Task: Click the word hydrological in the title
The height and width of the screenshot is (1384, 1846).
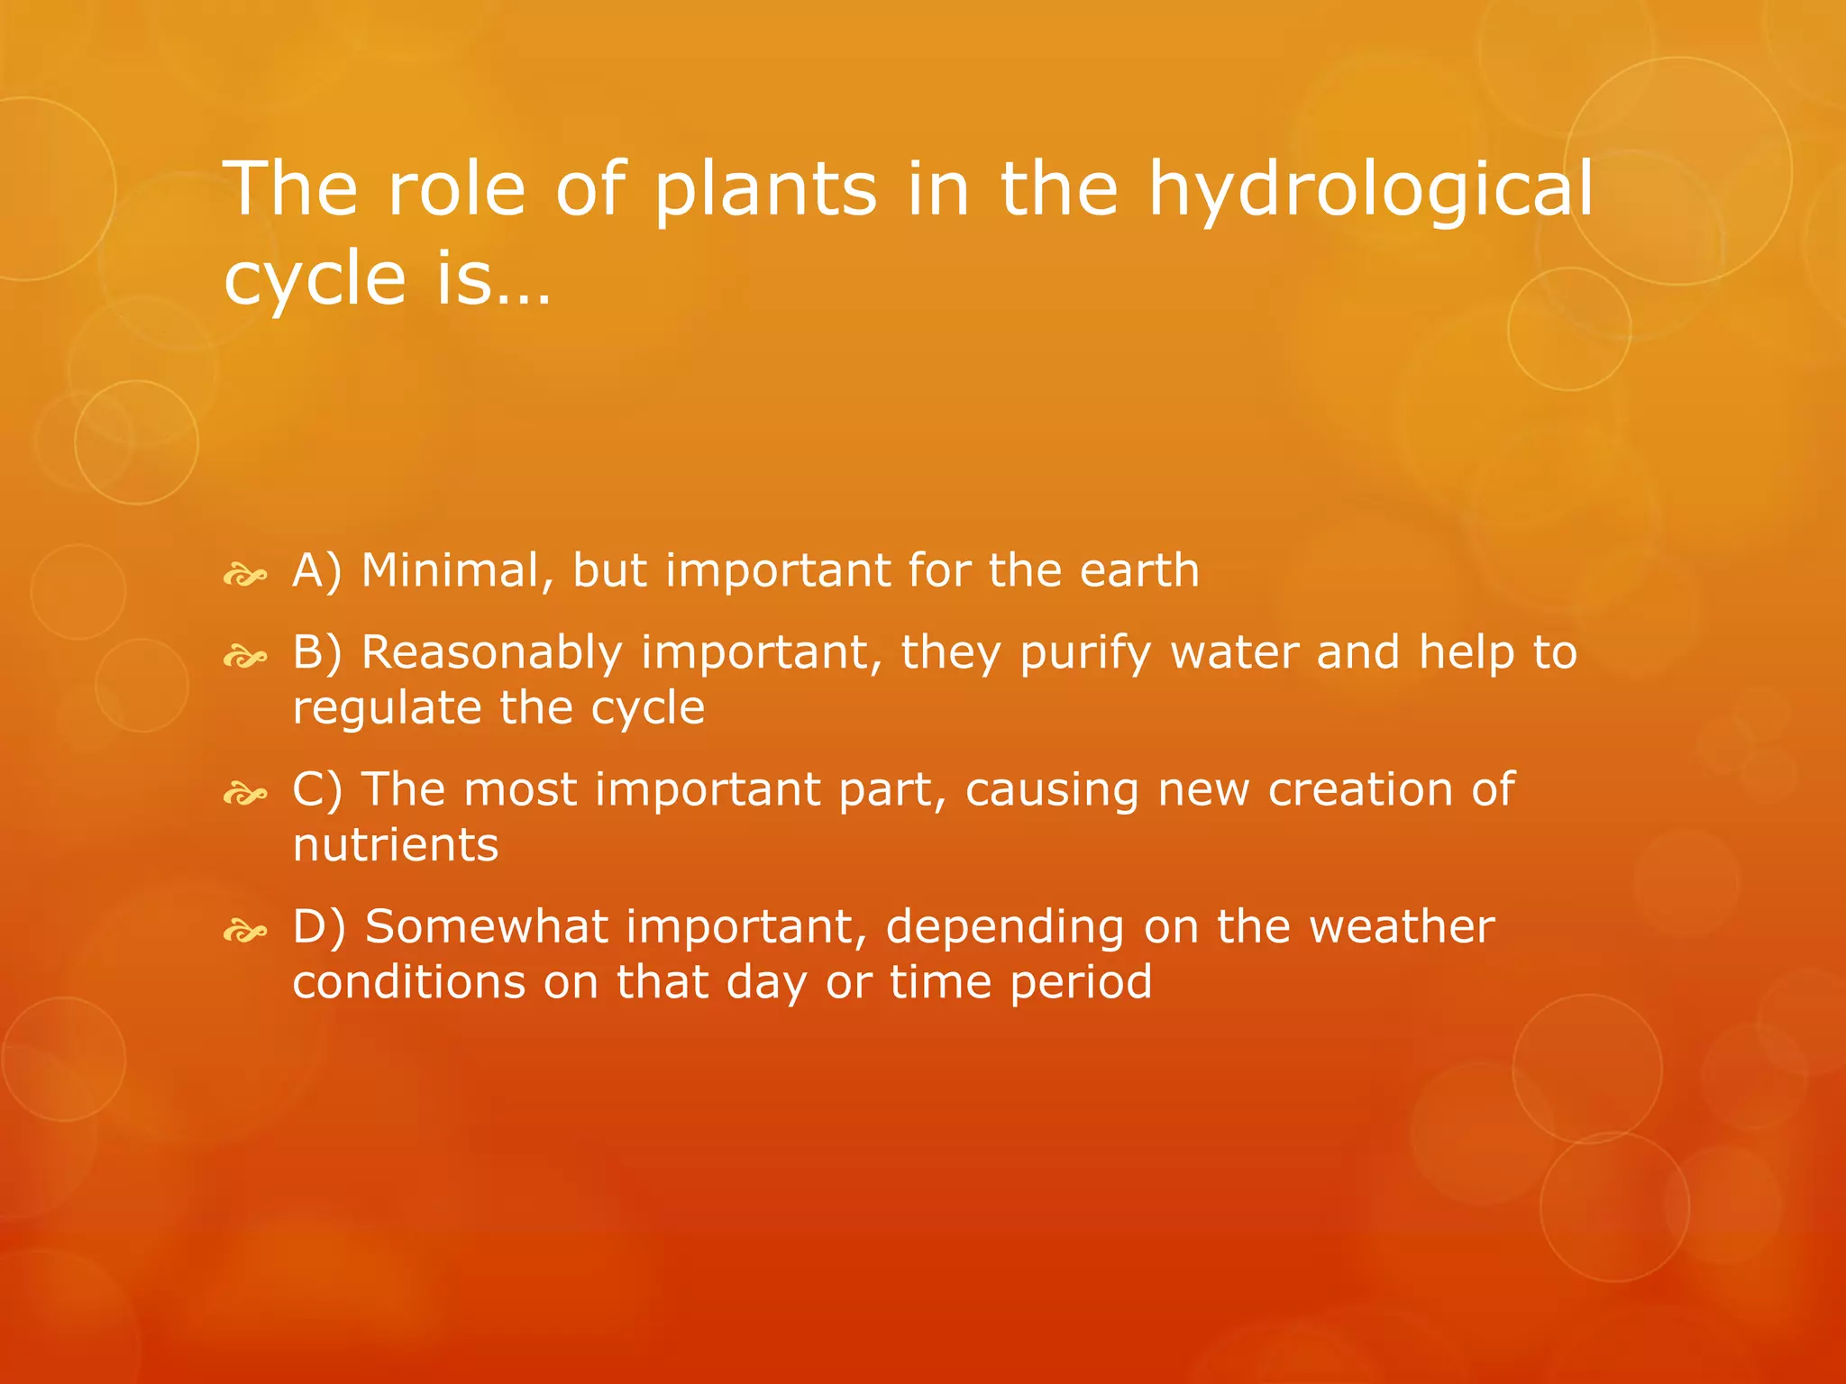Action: pyautogui.click(x=1370, y=191)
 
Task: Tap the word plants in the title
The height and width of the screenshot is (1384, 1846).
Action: pyautogui.click(x=765, y=191)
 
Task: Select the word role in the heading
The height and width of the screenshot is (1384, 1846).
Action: pyautogui.click(x=456, y=189)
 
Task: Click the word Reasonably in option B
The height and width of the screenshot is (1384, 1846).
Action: pyautogui.click(x=492, y=654)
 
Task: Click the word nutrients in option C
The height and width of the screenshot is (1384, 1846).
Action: pyautogui.click(x=396, y=845)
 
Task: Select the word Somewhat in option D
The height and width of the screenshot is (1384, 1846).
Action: pyautogui.click(x=486, y=927)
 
